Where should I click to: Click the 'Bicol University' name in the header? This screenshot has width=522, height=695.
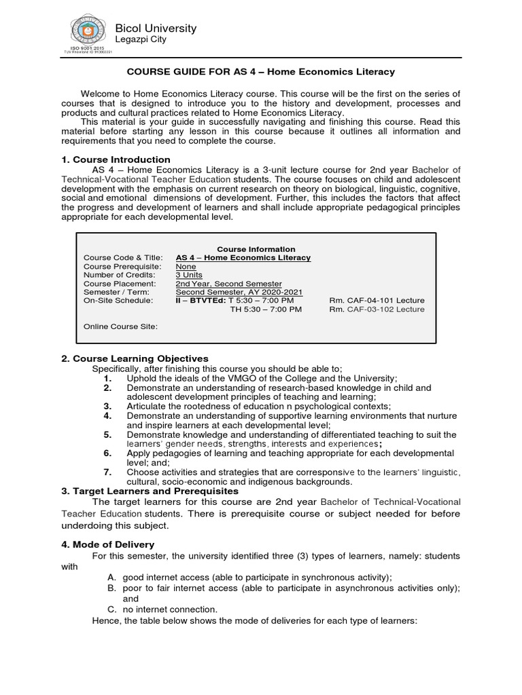(156, 28)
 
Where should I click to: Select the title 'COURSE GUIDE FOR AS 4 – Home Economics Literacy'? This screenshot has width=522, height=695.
(261, 71)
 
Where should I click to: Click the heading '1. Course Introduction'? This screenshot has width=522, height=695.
(116, 159)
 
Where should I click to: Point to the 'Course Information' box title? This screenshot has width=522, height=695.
(256, 249)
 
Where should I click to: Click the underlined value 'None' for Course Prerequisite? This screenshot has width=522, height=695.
(186, 267)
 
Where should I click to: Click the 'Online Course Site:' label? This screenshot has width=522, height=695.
(120, 326)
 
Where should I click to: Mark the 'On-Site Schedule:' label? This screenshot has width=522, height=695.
(118, 300)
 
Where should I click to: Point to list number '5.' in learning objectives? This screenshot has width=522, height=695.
(107, 434)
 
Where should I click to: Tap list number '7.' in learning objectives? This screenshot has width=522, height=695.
(107, 472)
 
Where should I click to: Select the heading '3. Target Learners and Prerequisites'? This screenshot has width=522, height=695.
(150, 491)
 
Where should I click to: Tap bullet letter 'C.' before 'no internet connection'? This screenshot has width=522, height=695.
(112, 609)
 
